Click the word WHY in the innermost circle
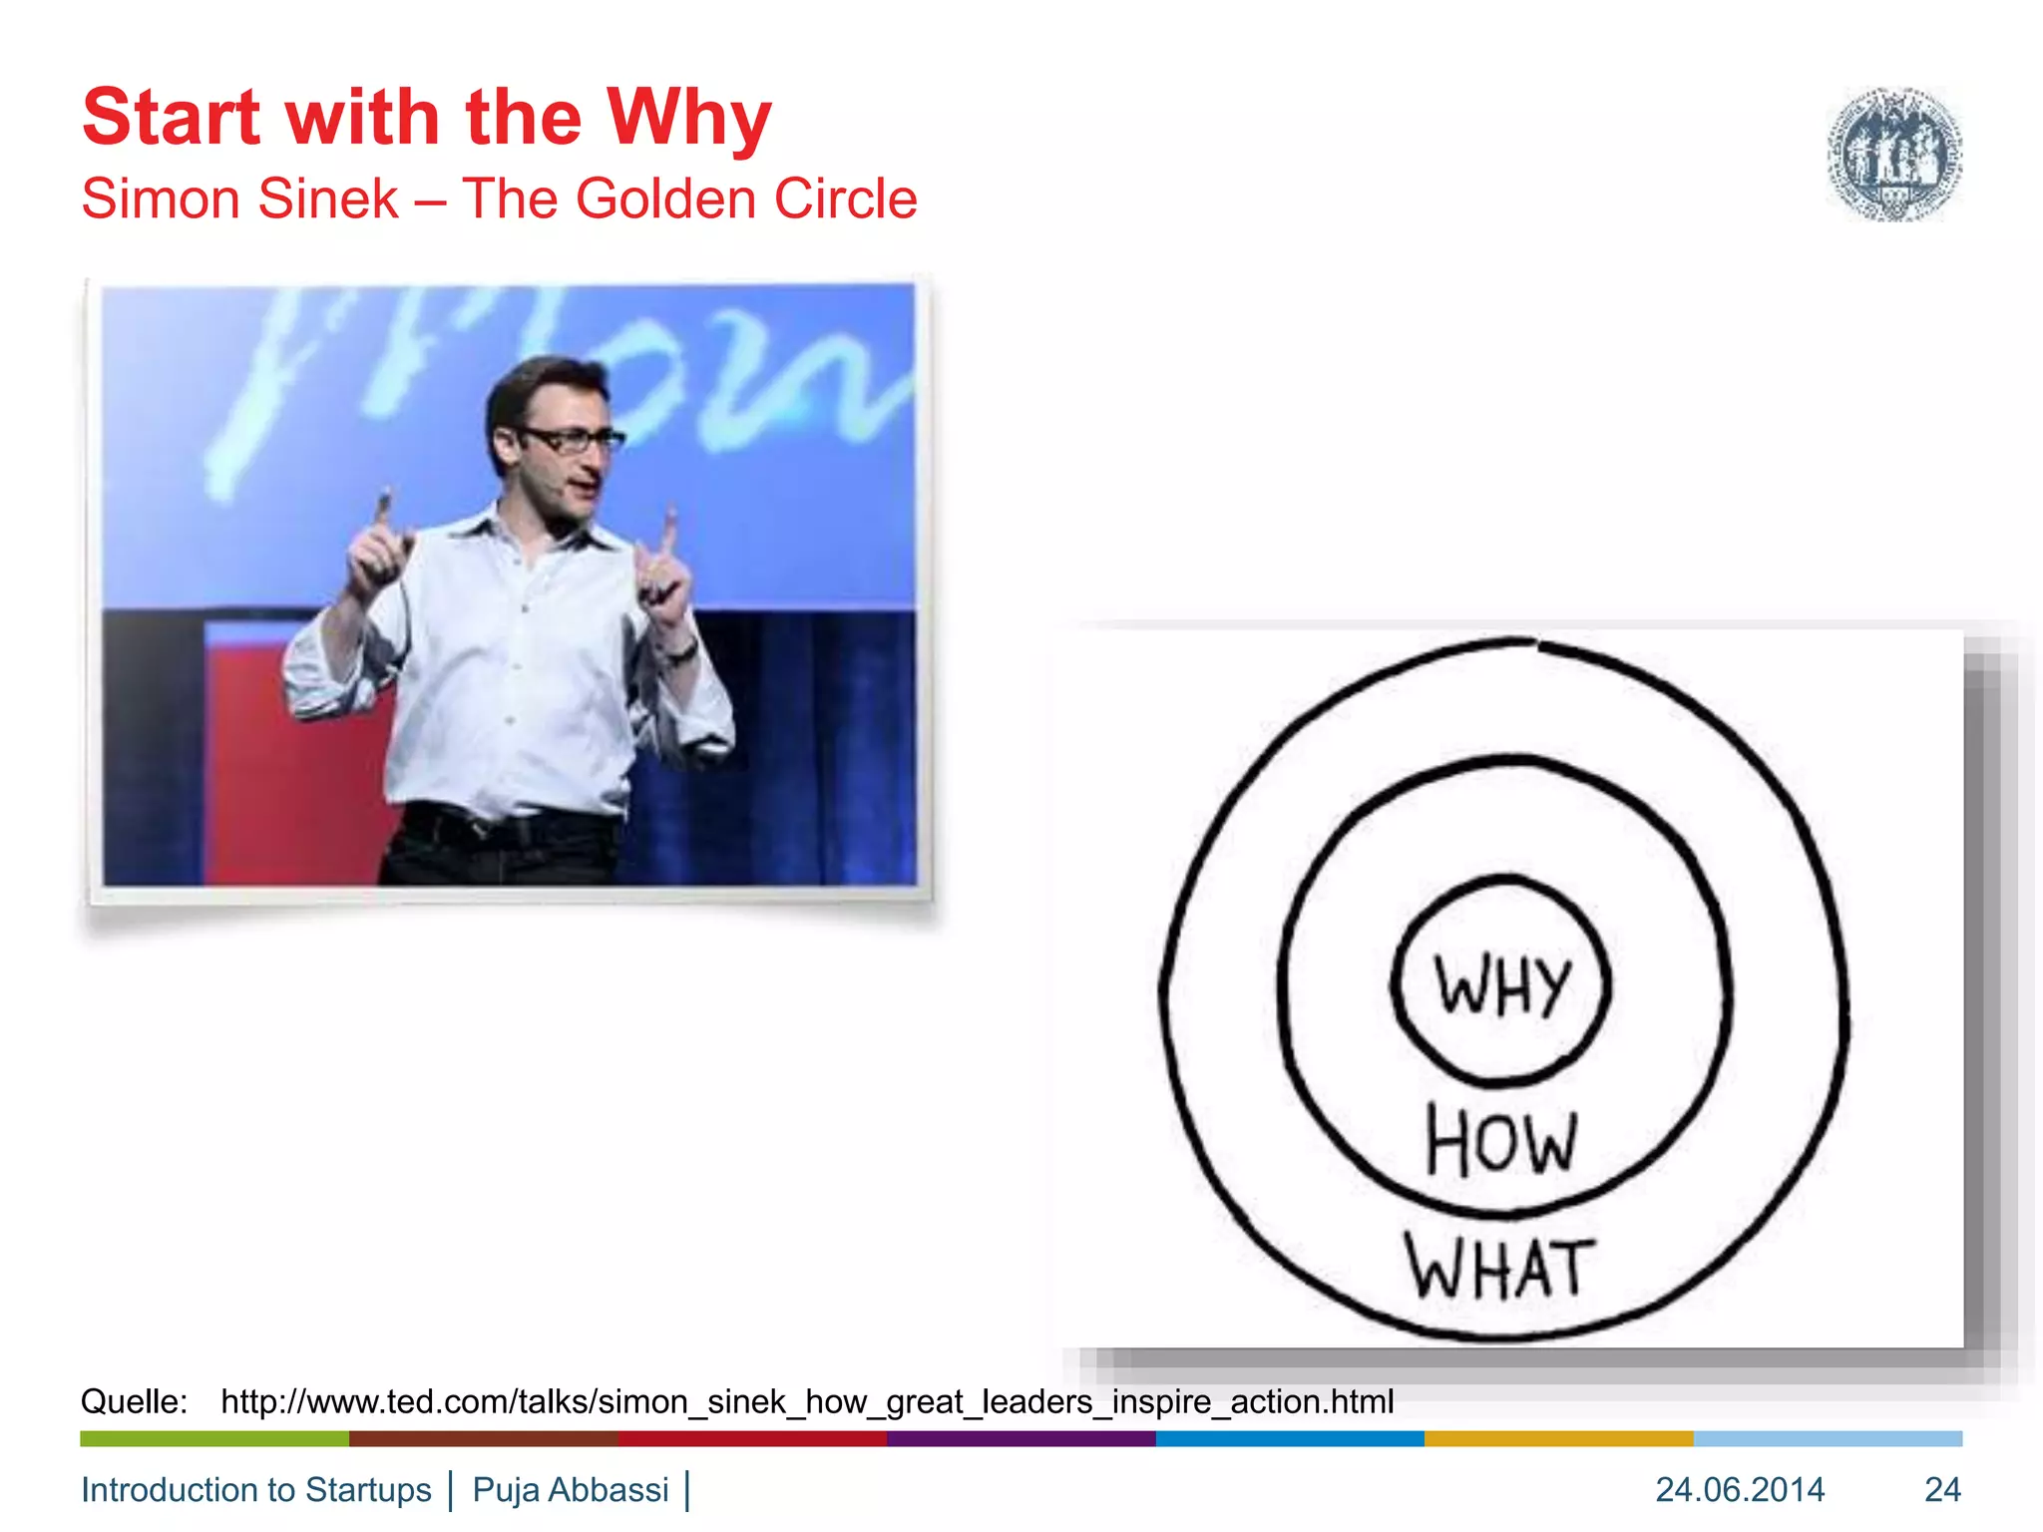(1501, 985)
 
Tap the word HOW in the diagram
(1501, 1141)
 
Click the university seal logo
(1893, 153)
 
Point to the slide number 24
(1942, 1489)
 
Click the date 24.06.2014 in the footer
(1740, 1489)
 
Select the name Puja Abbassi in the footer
(571, 1489)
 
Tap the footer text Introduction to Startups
(256, 1489)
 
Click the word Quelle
(134, 1401)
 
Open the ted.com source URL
(807, 1401)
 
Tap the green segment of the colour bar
(214, 1438)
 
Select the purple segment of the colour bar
(1021, 1438)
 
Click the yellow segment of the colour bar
(1558, 1438)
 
